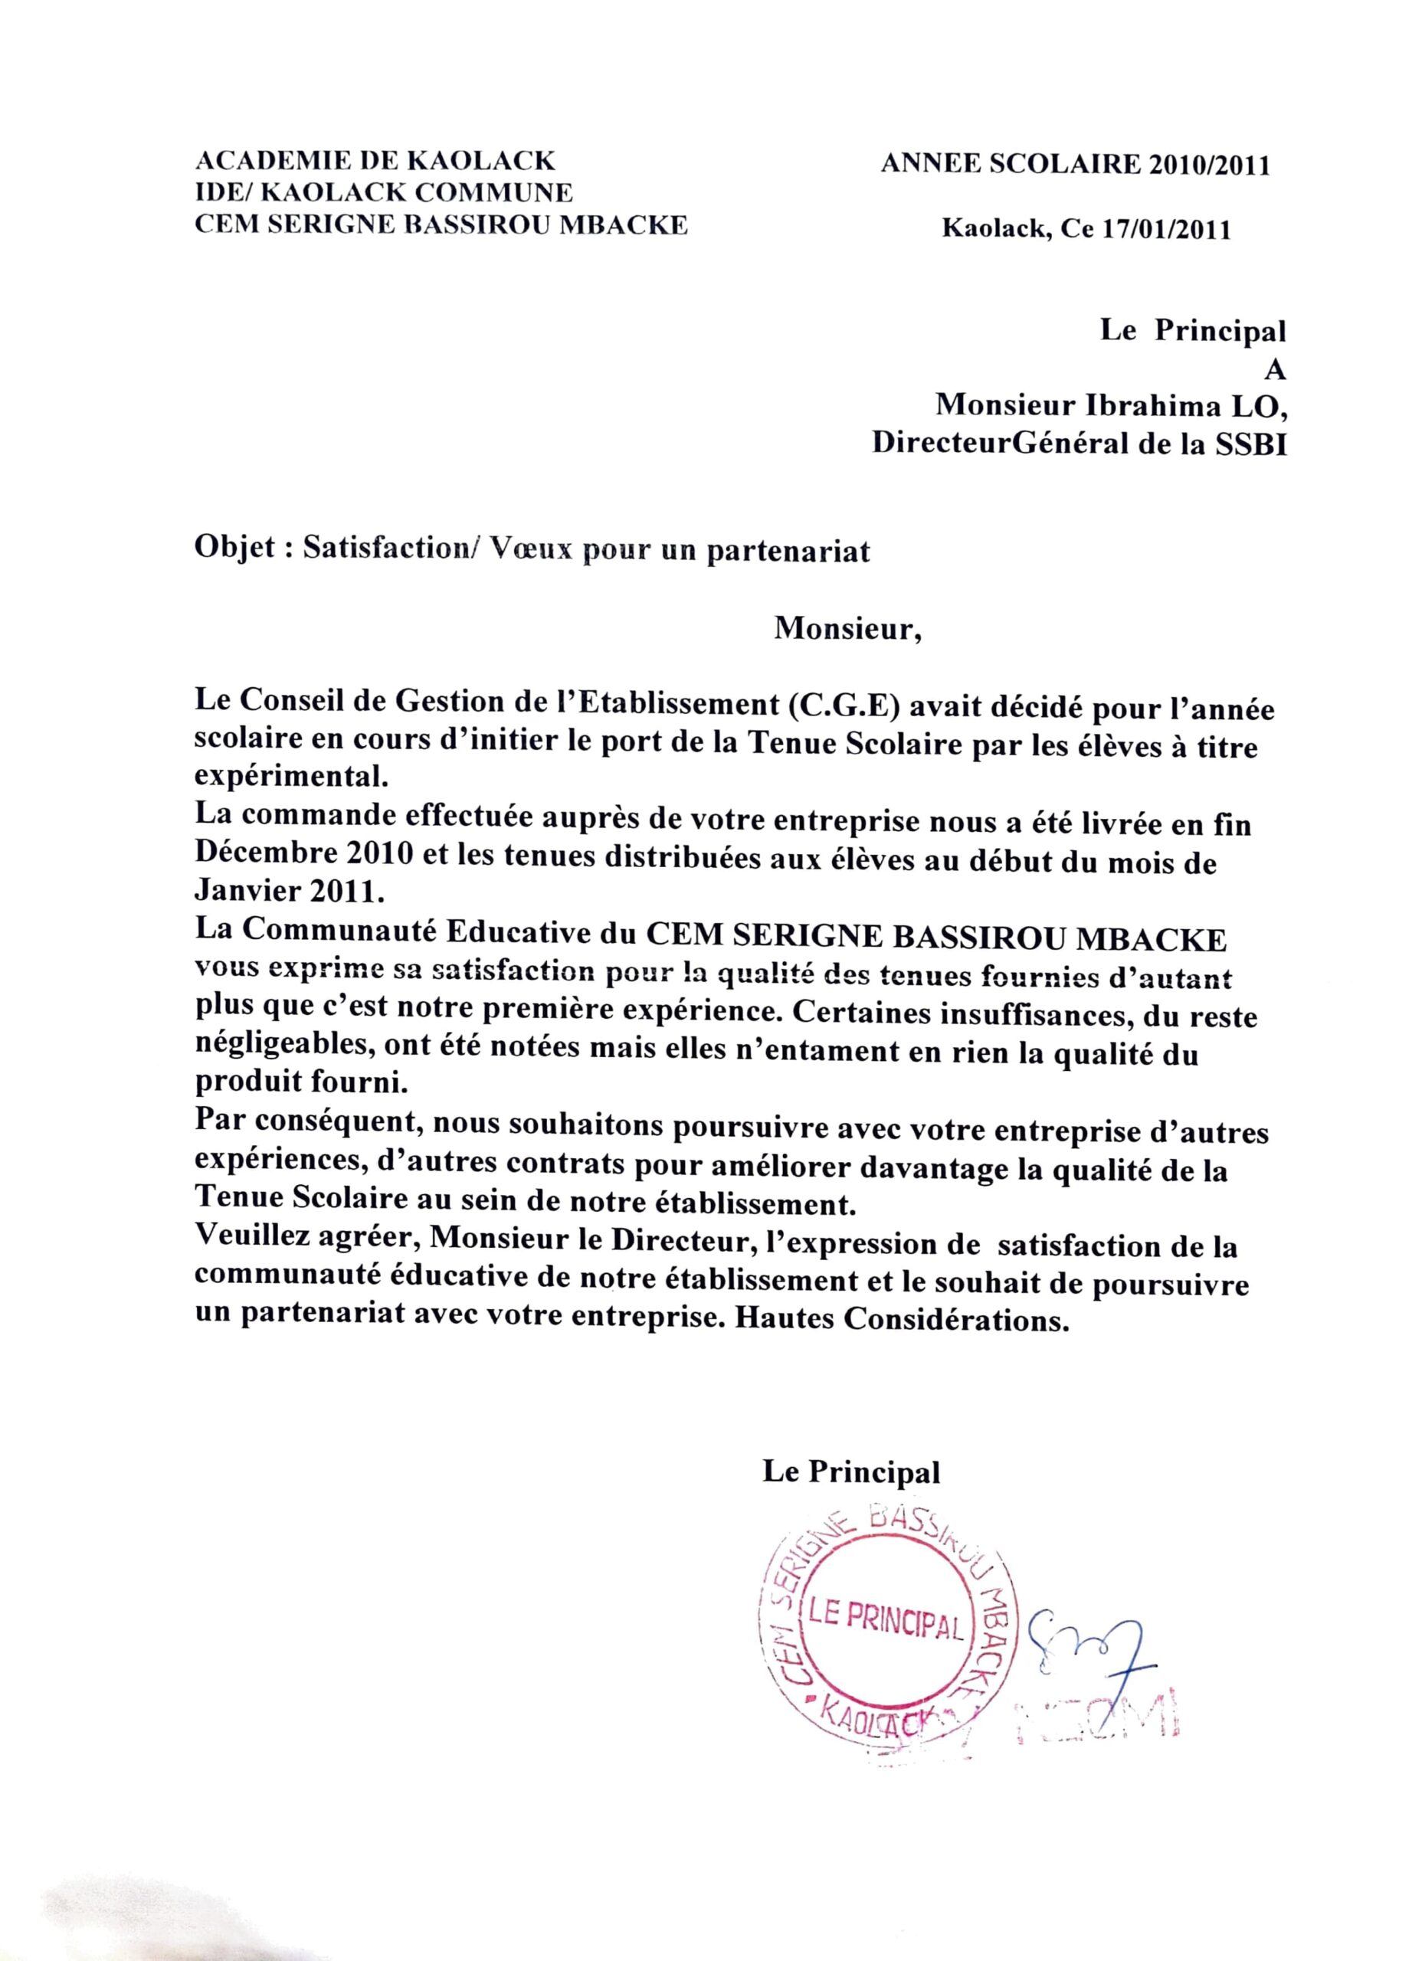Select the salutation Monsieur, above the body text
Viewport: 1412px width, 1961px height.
[847, 629]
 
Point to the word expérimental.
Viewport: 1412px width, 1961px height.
[288, 778]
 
